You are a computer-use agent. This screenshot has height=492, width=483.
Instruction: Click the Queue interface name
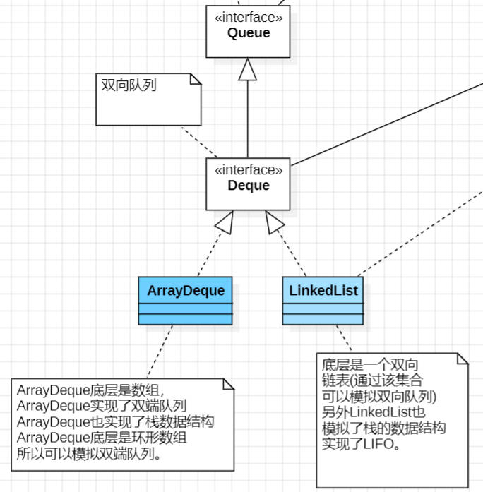pyautogui.click(x=248, y=32)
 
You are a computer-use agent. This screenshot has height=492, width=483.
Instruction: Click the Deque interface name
pyautogui.click(x=248, y=186)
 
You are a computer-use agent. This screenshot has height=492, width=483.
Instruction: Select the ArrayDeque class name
pyautogui.click(x=186, y=290)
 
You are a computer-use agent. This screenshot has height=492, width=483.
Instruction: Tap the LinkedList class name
pyautogui.click(x=323, y=290)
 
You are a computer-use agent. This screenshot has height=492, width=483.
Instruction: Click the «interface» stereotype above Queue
pyautogui.click(x=248, y=17)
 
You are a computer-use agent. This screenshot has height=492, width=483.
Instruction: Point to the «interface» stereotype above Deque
pyautogui.click(x=248, y=170)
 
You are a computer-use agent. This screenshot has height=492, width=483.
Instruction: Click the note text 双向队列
pyautogui.click(x=129, y=85)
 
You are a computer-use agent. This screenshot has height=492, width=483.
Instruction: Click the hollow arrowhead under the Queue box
pyautogui.click(x=247, y=68)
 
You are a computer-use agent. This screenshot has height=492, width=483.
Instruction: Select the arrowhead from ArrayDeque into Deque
pyautogui.click(x=225, y=222)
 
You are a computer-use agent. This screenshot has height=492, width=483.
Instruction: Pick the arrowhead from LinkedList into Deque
pyautogui.click(x=274, y=222)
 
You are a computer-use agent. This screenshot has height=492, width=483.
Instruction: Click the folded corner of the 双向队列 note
pyautogui.click(x=195, y=78)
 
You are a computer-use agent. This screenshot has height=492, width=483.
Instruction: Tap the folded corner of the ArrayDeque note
pyautogui.click(x=228, y=384)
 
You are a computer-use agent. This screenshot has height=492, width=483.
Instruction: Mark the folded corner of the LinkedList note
pyautogui.click(x=463, y=359)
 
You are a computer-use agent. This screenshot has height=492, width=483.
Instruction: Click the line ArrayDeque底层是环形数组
pyautogui.click(x=102, y=438)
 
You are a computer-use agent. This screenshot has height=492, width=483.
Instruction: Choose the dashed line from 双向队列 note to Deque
pyautogui.click(x=200, y=143)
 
